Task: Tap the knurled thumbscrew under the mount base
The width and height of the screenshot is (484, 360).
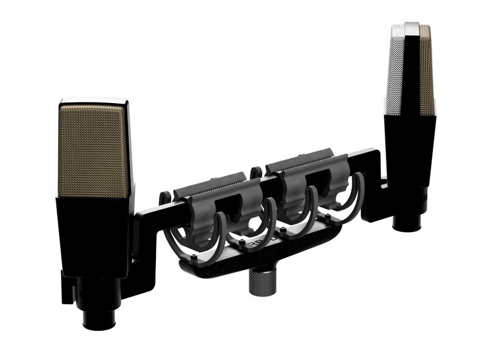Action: [x=262, y=283]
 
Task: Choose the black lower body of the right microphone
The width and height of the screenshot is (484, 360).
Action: [x=409, y=155]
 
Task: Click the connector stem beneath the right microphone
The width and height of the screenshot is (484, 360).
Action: [x=407, y=223]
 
